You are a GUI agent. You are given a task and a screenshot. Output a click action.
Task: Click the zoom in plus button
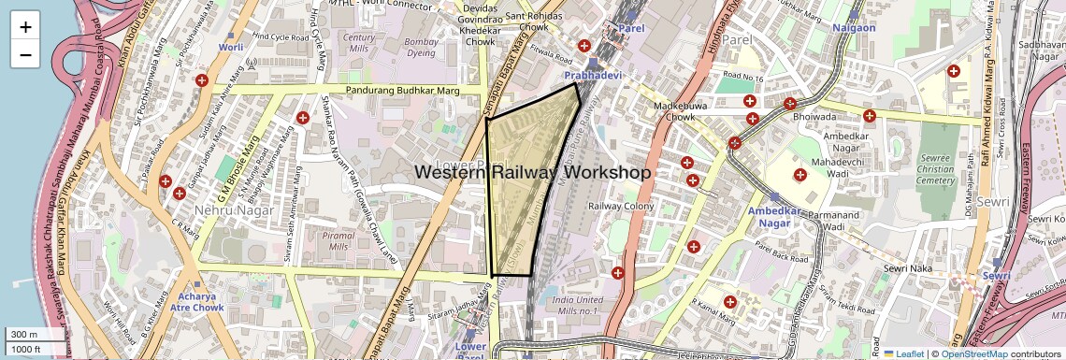coord(25,27)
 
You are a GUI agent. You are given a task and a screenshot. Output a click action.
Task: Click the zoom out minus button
coord(25,55)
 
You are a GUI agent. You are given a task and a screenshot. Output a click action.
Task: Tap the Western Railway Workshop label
coord(532,173)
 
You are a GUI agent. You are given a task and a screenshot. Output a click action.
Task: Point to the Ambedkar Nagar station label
coord(775,217)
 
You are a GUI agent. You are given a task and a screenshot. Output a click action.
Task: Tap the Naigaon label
coord(854,28)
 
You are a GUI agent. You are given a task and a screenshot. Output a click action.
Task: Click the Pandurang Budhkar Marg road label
coord(403,91)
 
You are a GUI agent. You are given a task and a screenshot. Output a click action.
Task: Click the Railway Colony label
coord(620,206)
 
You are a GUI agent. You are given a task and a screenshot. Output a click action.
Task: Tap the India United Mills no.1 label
coord(575,305)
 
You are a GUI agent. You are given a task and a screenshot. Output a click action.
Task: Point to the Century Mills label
coord(360,42)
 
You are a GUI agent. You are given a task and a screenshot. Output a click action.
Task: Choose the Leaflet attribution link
coord(903,353)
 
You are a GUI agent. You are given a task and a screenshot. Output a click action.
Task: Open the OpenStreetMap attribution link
coord(974,353)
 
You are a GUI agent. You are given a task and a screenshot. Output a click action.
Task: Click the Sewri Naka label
coord(909,268)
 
